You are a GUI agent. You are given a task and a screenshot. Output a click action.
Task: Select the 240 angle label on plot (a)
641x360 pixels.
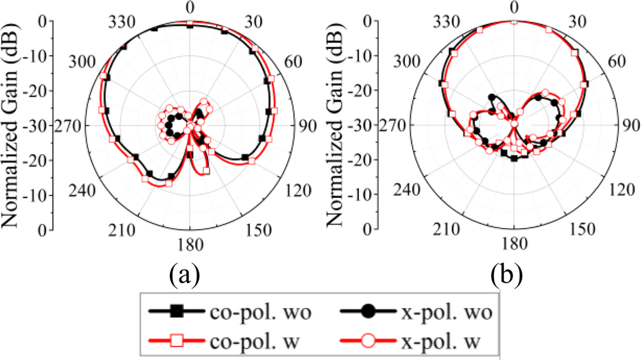(x=82, y=192)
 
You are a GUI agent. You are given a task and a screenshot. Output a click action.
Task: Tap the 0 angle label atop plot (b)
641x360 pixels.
(x=514, y=7)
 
